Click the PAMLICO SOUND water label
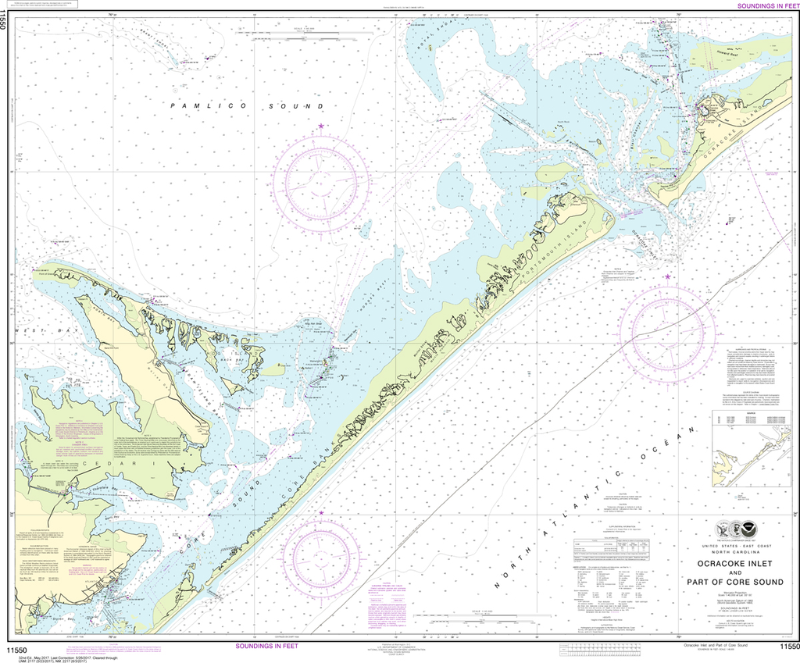(247, 105)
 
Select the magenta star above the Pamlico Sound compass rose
(320, 127)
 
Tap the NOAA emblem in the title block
(751, 528)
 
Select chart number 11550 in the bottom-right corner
(784, 647)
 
